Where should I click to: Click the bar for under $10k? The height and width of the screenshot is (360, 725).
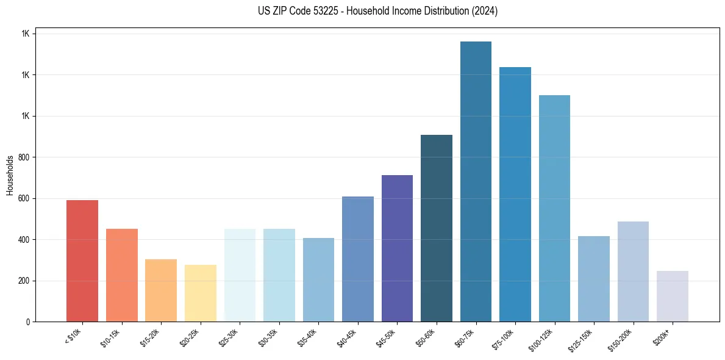82,261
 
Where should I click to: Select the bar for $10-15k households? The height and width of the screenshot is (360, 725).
122,275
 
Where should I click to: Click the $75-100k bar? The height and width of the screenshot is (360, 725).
515,195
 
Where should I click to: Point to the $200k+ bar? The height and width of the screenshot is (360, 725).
673,296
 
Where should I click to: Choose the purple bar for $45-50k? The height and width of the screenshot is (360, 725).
397,248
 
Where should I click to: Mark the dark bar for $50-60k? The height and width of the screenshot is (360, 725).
437,228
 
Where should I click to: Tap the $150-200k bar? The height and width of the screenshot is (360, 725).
633,272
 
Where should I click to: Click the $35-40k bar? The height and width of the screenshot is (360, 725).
318,279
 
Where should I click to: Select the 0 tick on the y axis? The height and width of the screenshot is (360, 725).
27,322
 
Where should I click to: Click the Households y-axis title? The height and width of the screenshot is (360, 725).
10,175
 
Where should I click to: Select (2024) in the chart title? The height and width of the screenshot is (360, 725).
485,11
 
